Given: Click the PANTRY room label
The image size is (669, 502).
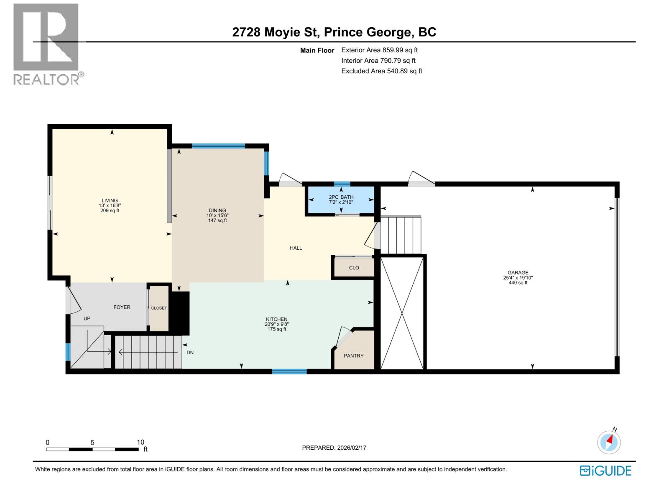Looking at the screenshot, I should [x=353, y=356].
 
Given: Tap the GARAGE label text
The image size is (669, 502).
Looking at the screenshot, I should [x=518, y=272].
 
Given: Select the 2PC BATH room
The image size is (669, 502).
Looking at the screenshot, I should [x=341, y=200].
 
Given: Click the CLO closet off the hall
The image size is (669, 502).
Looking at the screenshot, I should [x=354, y=268].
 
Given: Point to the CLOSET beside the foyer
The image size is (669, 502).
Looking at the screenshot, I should [x=159, y=308].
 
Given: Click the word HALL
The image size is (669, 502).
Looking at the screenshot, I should [x=296, y=248].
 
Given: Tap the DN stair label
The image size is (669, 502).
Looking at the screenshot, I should [x=190, y=353].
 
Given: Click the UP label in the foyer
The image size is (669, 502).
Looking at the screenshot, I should [x=87, y=318].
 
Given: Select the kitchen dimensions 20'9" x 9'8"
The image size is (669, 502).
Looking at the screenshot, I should [x=276, y=324].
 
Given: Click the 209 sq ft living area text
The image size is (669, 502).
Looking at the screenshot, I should [x=110, y=211].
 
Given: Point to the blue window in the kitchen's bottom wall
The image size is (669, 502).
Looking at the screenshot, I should [x=289, y=371].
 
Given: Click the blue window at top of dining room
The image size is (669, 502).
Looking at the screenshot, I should [x=218, y=146].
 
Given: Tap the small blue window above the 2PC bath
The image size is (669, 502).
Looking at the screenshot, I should [x=342, y=184].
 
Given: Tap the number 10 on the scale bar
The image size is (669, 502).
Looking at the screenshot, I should [x=140, y=442].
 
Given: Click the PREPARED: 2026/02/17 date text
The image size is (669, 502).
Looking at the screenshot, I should [x=334, y=448].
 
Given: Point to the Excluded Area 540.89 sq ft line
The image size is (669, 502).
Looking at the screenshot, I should [x=381, y=71].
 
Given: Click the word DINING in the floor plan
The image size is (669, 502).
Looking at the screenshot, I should [x=217, y=210].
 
